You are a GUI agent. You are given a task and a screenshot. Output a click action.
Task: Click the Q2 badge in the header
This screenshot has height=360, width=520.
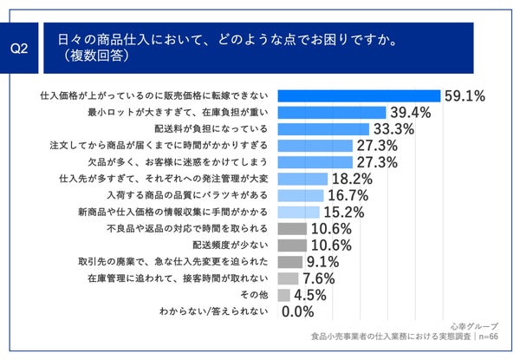pyautogui.click(x=19, y=49)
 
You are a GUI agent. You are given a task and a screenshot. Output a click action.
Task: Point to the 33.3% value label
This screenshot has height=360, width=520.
pyautogui.click(x=393, y=129)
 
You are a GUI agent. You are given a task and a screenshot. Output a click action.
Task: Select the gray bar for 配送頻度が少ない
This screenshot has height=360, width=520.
pyautogui.click(x=293, y=245)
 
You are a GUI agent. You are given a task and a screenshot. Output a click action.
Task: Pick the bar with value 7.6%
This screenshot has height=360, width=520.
pyautogui.click(x=289, y=278)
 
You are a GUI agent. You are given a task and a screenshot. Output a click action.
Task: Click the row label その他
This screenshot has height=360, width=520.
pyautogui.click(x=257, y=294)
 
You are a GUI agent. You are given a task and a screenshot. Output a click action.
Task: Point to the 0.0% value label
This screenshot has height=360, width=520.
pyautogui.click(x=298, y=311)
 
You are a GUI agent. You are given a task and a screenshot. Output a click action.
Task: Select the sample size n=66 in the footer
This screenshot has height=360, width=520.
pyautogui.click(x=491, y=338)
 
